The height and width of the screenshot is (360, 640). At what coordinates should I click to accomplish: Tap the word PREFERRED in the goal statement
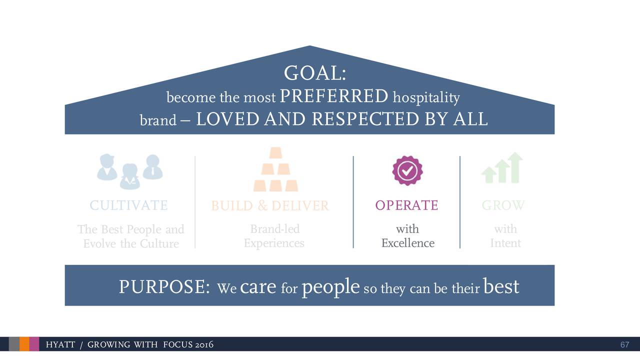tap(334, 95)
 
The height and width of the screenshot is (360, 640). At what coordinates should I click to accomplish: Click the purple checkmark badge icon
tap(407, 170)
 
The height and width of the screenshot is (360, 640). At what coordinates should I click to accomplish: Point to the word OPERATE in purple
tap(406, 205)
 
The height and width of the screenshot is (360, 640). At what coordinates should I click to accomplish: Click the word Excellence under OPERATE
tap(407, 243)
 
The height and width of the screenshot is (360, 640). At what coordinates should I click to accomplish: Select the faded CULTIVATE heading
tap(128, 205)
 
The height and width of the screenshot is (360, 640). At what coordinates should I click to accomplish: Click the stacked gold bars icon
tap(275, 170)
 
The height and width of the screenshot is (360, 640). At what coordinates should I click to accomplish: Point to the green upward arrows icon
tap(502, 168)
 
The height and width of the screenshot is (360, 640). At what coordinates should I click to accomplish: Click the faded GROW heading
tap(503, 205)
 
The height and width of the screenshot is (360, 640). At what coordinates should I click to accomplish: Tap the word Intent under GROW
tap(505, 243)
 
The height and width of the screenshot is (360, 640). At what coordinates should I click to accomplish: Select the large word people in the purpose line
tap(330, 287)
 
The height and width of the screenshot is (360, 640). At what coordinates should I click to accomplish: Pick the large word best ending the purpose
tap(501, 286)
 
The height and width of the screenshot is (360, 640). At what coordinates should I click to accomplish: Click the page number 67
tap(624, 345)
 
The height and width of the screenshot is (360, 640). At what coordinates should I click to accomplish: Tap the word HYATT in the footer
tap(60, 345)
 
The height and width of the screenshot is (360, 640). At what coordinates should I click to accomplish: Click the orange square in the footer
tap(24, 344)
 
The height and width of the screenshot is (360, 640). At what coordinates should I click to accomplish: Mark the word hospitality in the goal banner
tap(426, 97)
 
